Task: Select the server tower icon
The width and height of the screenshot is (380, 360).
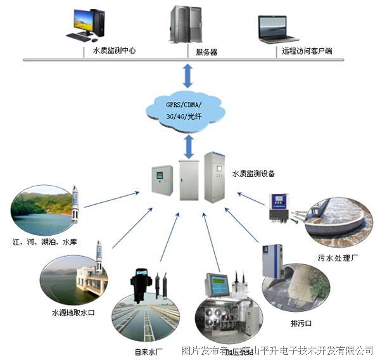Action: [x=182, y=24]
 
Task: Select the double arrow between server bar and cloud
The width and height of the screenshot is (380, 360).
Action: [x=188, y=75]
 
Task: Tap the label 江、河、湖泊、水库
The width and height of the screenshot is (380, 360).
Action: [x=41, y=242]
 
